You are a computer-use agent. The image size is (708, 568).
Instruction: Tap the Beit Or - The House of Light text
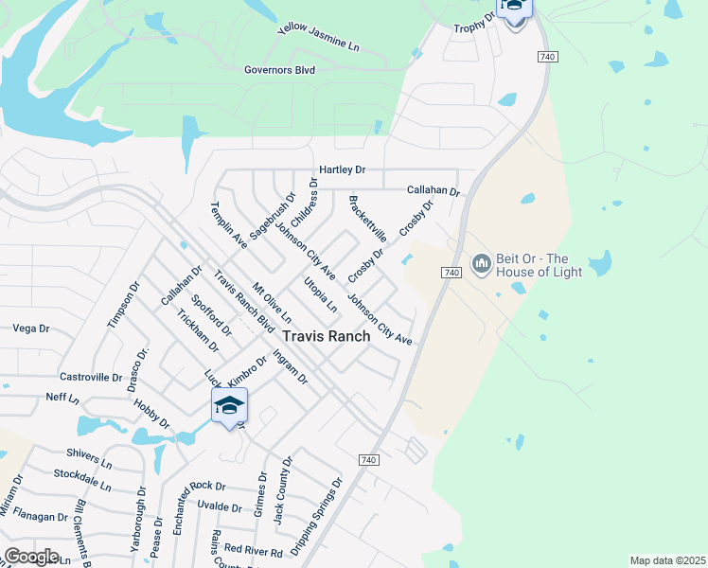[x=534, y=265]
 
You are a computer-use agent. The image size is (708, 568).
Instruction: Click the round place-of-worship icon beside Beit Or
[x=482, y=261]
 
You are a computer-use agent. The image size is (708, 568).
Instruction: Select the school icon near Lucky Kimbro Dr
[x=229, y=407]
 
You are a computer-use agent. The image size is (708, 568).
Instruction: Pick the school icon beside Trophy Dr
[x=514, y=8]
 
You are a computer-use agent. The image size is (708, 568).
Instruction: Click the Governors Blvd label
[x=279, y=69]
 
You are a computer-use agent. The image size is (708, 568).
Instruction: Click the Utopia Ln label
[x=319, y=295]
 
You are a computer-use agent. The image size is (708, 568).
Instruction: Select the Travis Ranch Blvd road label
[x=237, y=301]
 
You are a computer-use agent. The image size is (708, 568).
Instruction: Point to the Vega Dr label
[x=31, y=328]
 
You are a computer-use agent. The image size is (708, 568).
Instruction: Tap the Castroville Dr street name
[x=91, y=377]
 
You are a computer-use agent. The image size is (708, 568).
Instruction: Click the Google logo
[x=31, y=557]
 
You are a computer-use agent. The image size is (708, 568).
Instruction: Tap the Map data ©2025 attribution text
[x=666, y=560]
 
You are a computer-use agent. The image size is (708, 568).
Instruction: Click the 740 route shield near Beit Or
[x=451, y=273]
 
